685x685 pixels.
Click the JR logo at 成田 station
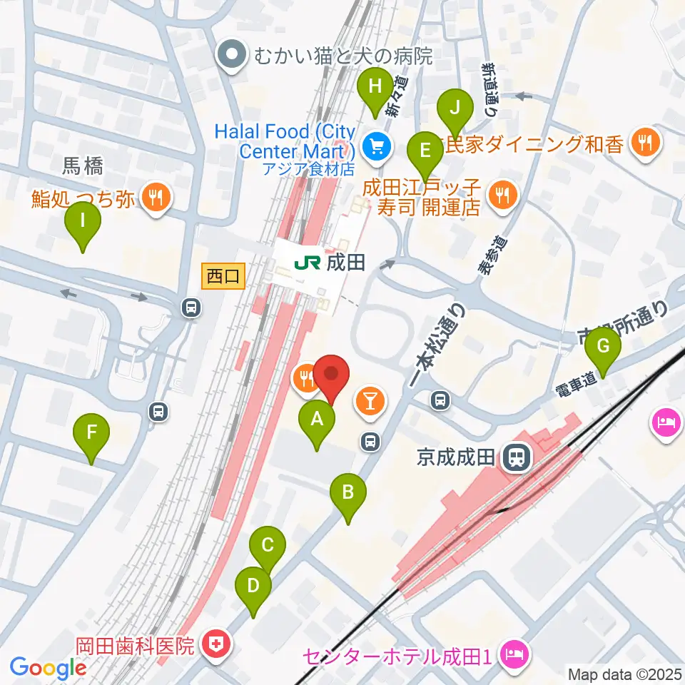[x=307, y=263]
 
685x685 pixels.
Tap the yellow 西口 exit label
[x=224, y=275]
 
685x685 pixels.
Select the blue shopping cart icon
[x=374, y=148]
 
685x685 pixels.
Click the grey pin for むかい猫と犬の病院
[x=231, y=56]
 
